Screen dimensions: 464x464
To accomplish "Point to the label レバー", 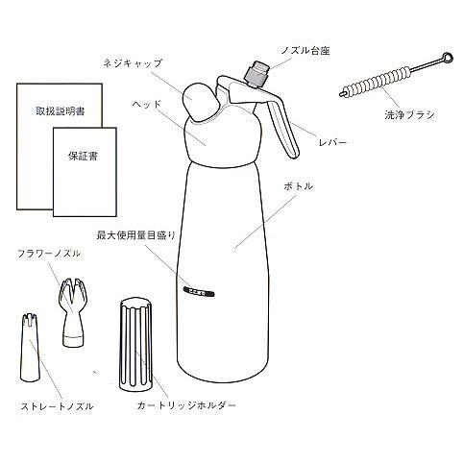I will (334, 142).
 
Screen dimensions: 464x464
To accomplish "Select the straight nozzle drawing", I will (32, 351).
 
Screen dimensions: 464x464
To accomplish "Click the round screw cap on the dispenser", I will (201, 100).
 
